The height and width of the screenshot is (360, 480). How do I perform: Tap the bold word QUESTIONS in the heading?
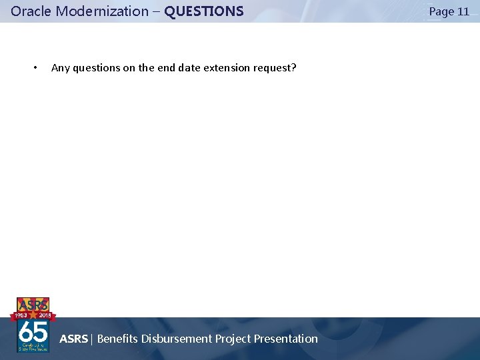[204, 11]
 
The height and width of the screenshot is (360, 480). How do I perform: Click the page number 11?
[463, 11]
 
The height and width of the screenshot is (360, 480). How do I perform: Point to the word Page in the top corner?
[441, 11]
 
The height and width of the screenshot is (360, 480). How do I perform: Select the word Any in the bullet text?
[60, 68]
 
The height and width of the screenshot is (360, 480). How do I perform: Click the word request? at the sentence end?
[275, 68]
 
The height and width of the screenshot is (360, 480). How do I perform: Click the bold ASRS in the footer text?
[73, 339]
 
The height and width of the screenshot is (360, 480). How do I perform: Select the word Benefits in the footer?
[117, 339]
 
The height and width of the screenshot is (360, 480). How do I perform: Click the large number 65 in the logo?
[33, 331]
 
